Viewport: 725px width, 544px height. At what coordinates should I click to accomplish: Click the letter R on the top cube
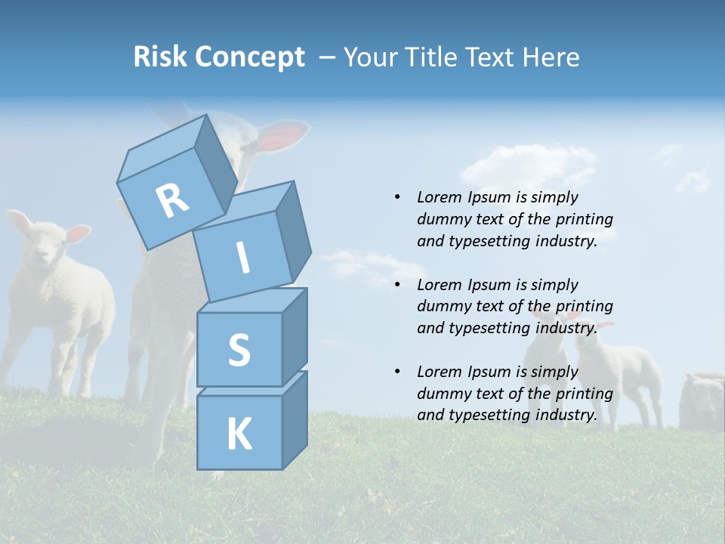coord(172,200)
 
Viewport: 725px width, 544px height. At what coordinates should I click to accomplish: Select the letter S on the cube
coord(239,351)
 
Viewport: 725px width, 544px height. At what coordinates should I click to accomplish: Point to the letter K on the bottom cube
coord(239,434)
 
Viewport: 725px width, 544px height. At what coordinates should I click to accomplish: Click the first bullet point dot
coord(397,197)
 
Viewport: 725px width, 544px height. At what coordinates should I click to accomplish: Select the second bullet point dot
coord(397,285)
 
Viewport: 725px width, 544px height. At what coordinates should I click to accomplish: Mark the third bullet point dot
coord(397,372)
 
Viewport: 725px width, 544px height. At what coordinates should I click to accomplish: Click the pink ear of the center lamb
coord(285,134)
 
